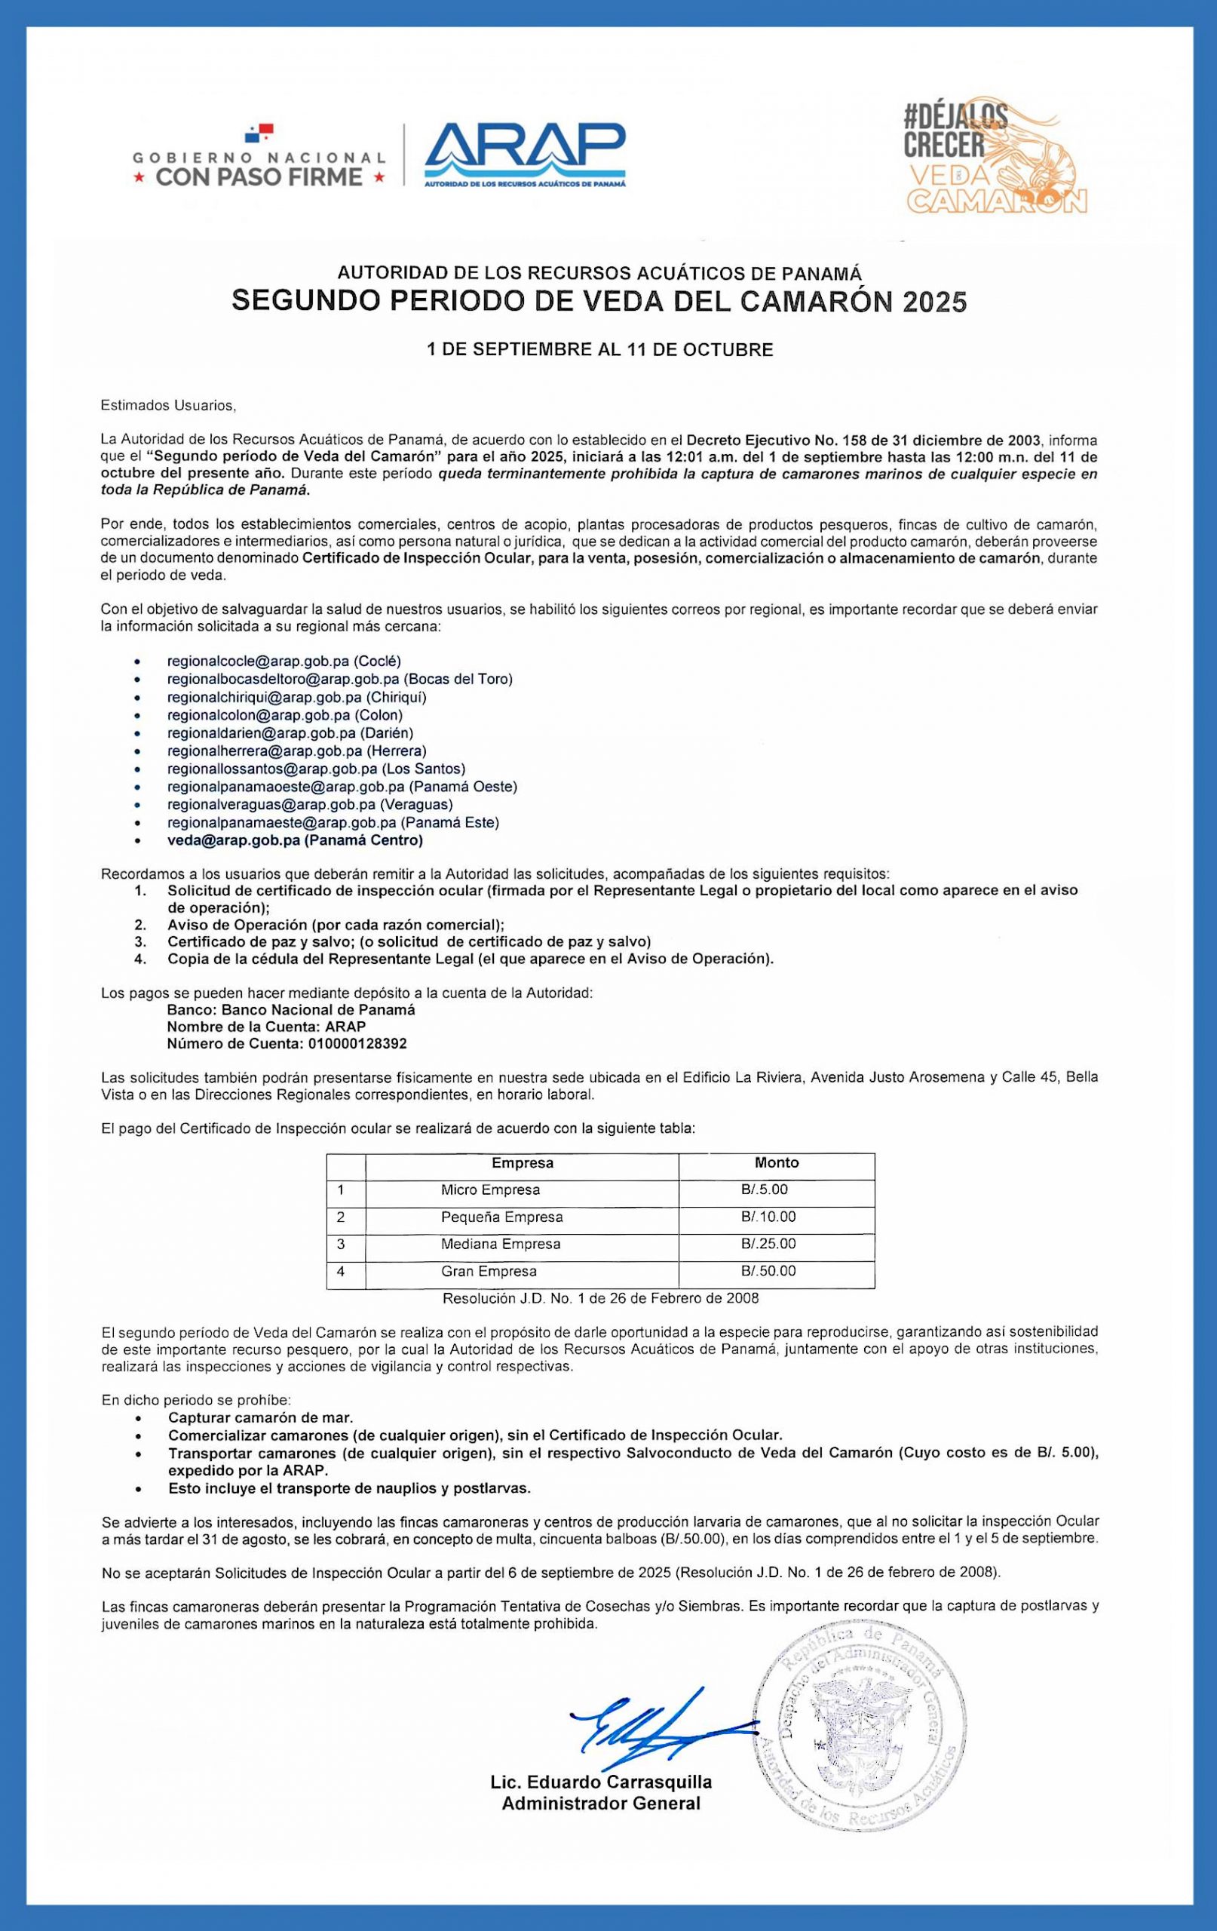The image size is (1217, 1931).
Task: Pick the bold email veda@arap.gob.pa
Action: click(x=233, y=840)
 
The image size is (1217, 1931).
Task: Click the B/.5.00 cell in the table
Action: click(x=764, y=1190)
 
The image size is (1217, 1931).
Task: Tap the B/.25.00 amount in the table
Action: click(x=768, y=1244)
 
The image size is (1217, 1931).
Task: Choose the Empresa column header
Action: click(x=522, y=1163)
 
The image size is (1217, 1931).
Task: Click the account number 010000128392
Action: click(x=357, y=1044)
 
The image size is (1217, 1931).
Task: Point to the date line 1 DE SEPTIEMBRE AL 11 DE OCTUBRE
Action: click(x=600, y=350)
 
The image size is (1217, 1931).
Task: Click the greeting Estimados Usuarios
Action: click(x=168, y=406)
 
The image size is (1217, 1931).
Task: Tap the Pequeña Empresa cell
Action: click(x=502, y=1217)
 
